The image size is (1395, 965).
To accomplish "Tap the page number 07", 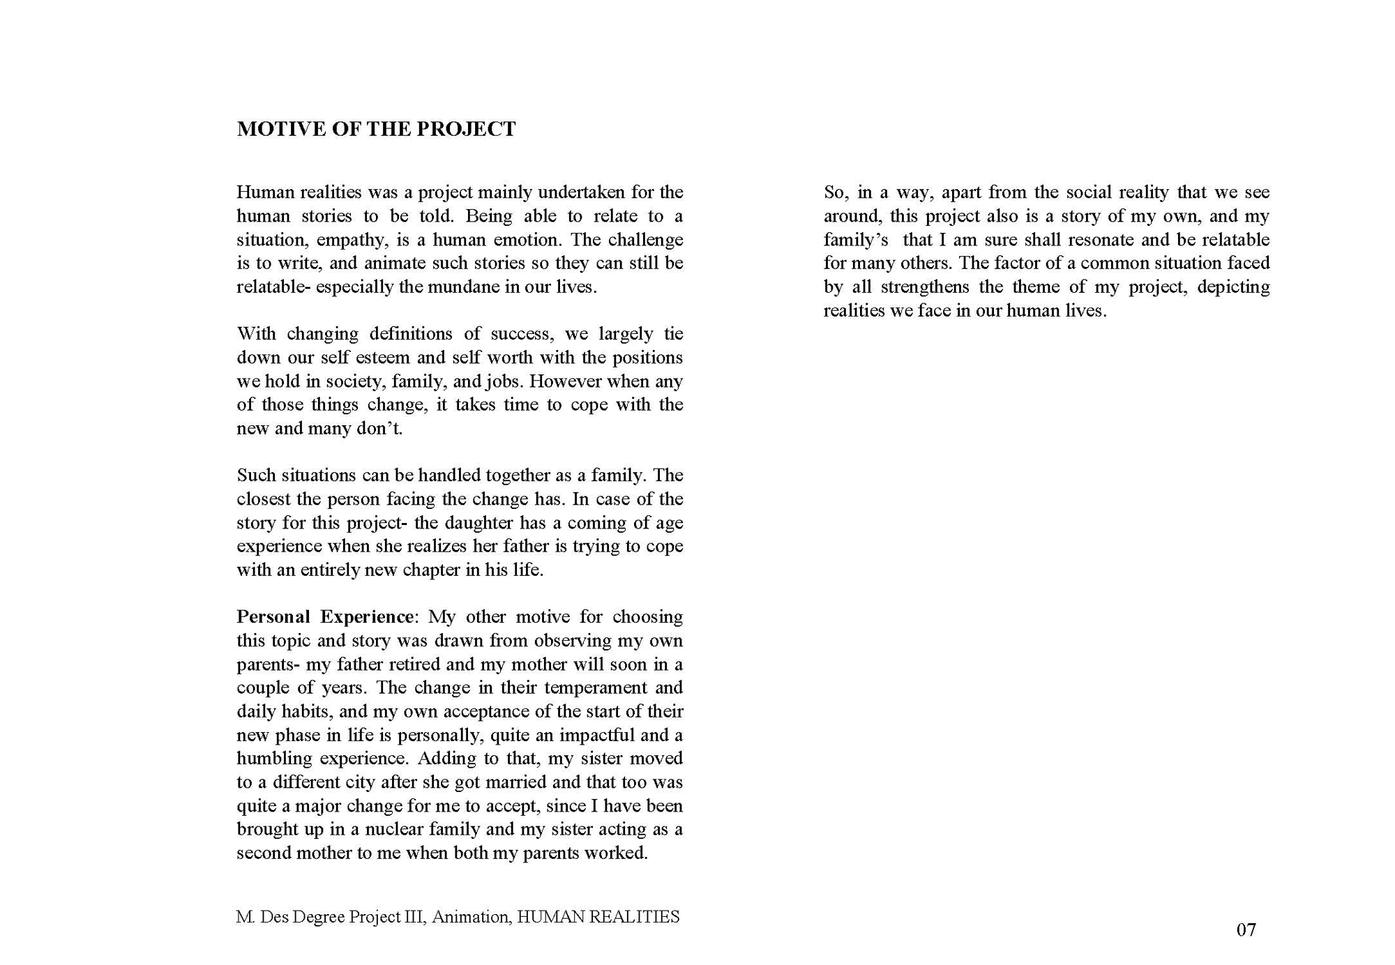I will point(1246,929).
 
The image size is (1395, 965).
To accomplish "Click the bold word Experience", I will point(367,617).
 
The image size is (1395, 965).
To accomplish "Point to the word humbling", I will point(273,759).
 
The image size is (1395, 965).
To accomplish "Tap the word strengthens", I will point(925,287).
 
